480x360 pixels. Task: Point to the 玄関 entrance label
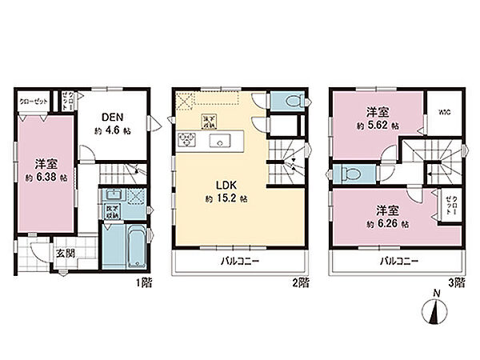click(x=64, y=254)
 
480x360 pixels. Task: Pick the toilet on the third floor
click(x=350, y=173)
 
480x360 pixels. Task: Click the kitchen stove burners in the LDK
click(x=188, y=142)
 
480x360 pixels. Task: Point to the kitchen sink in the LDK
click(x=217, y=142)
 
